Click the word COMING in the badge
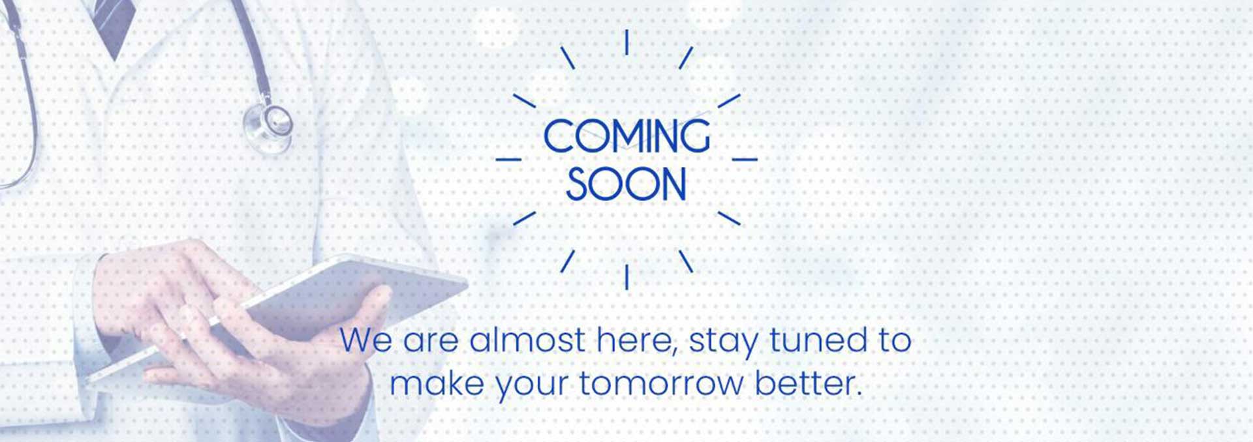coord(626,136)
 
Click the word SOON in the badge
coord(626,184)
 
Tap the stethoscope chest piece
coord(268,122)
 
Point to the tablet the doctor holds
coord(281,313)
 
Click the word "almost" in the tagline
coord(527,340)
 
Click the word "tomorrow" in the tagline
coord(661,383)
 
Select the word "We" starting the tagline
coord(366,340)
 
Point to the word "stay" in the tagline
coord(724,342)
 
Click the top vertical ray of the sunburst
coord(626,42)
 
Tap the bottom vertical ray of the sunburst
coord(626,276)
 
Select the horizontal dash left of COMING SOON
coord(509,159)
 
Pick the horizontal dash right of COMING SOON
coord(745,159)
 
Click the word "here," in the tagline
coord(637,340)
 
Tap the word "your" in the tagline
coord(531,386)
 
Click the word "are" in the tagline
coord(431,342)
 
